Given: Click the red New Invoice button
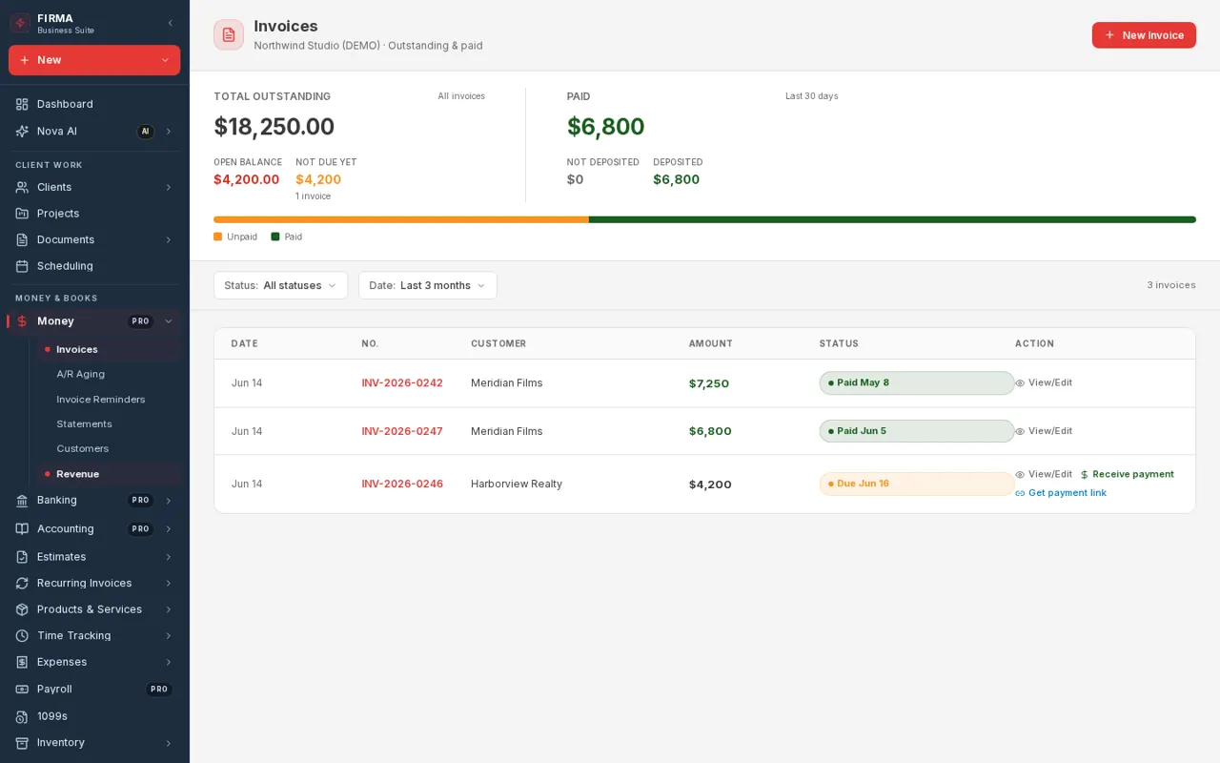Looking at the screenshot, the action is coord(1144,35).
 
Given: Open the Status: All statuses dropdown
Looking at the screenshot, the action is coord(280,285).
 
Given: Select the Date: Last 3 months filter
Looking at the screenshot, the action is coord(428,285).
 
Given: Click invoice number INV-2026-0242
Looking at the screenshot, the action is coord(402,382).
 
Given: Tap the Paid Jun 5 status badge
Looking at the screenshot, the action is coord(917,431).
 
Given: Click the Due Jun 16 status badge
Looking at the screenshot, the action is coord(917,484).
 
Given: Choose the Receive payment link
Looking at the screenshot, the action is coord(1128,474).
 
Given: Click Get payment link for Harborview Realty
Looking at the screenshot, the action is coord(1061,493).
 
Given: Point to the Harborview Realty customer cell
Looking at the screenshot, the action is coord(517,484).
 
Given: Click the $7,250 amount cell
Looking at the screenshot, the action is coord(708,383).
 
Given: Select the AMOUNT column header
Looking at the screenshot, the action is coord(710,343).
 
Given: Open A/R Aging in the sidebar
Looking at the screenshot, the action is coord(81,374).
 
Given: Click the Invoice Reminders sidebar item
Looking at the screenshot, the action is coord(101,399).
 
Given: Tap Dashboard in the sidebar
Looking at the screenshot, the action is coord(65,104).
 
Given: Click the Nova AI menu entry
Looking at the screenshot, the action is coord(56,132).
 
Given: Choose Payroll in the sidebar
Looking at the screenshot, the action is coord(54,689).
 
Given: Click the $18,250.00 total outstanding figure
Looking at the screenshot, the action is coord(274,127).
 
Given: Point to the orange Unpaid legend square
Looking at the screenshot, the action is coord(218,237).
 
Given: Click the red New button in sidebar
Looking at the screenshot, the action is coord(94,60).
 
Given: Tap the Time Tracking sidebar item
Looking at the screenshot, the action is coord(73,635).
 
